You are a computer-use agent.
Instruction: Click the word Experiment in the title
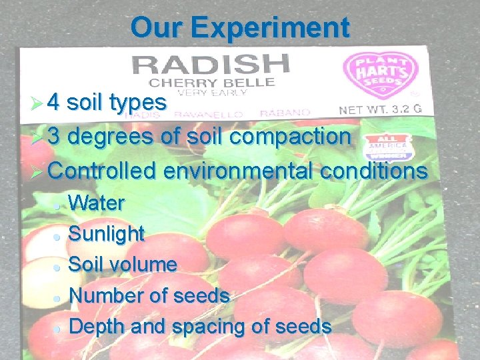[x=269, y=28]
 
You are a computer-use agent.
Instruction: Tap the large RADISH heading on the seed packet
[x=211, y=65]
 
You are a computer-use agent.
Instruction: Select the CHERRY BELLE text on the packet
[x=211, y=83]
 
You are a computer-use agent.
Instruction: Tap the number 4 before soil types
[x=55, y=103]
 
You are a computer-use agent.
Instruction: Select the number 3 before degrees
[x=55, y=137]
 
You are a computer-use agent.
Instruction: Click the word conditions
[x=374, y=171]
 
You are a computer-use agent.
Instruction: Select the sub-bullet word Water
[x=97, y=203]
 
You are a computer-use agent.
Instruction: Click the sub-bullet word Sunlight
[x=107, y=234]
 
